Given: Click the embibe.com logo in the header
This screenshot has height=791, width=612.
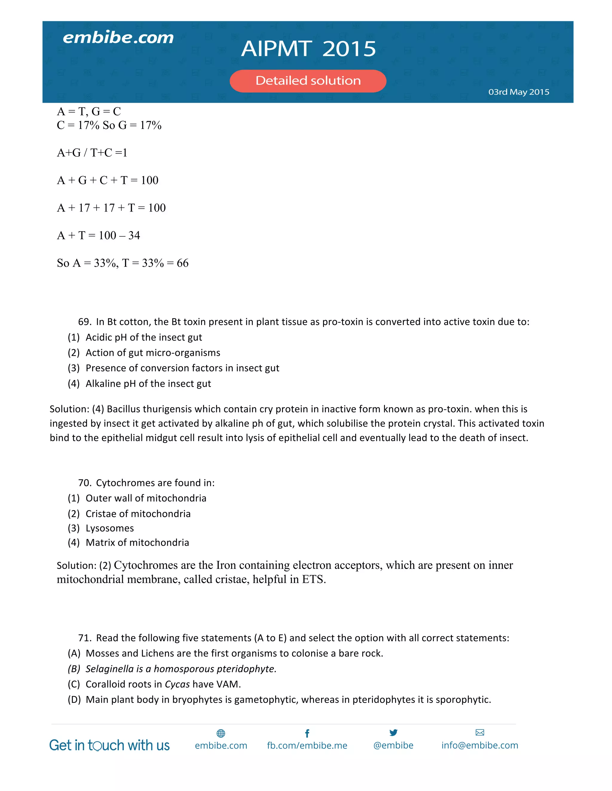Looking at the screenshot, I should tap(118, 38).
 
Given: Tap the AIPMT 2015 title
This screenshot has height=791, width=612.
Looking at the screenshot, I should tap(308, 49).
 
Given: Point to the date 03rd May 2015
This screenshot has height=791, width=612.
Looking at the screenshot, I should tap(518, 92).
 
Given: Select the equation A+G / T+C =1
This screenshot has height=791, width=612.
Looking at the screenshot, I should tap(92, 153).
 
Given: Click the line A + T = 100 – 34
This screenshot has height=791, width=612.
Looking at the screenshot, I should tap(98, 236).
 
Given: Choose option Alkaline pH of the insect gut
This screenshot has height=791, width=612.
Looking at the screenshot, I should tap(148, 384).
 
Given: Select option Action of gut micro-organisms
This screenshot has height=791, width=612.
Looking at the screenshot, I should tap(153, 353).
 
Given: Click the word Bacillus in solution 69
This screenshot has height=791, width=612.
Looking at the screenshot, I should tap(123, 409).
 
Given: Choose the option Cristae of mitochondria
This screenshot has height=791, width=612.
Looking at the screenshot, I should tap(138, 514).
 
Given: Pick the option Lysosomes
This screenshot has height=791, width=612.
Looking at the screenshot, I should tap(109, 528).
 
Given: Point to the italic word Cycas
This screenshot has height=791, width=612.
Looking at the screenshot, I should tap(177, 684).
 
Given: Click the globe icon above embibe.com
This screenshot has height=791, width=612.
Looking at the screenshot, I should tap(221, 733).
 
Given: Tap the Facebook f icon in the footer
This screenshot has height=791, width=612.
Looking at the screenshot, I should tap(307, 733).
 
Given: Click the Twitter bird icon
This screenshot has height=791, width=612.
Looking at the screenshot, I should tap(393, 733).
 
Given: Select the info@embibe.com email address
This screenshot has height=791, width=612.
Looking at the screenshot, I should tap(480, 745).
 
